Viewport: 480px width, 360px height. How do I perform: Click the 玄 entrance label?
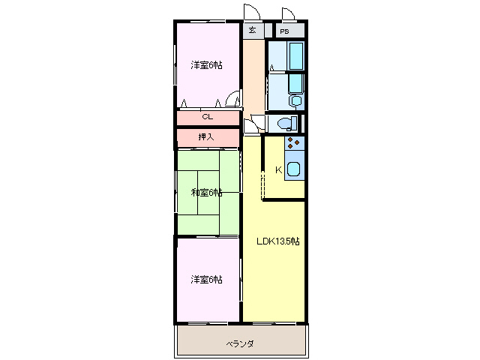click(252, 30)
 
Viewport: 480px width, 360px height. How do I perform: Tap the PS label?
click(284, 31)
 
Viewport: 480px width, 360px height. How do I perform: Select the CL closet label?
click(208, 117)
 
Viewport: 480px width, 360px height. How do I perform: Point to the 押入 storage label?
click(206, 136)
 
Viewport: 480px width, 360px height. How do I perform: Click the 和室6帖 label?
click(207, 193)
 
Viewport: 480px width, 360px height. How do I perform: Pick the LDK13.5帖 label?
click(278, 241)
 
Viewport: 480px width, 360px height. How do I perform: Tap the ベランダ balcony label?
click(240, 343)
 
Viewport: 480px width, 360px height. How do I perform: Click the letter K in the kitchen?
click(278, 170)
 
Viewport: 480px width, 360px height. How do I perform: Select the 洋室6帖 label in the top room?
click(207, 65)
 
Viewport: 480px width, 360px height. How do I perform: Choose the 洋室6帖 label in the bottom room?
click(207, 280)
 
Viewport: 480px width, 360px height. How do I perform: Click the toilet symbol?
click(287, 123)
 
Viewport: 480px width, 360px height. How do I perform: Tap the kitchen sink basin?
click(293, 169)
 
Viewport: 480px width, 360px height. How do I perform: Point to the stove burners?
click(293, 143)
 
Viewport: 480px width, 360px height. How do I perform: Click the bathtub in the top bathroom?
click(296, 56)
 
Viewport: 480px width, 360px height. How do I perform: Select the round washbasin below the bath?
click(296, 100)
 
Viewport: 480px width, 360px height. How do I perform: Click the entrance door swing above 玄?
click(252, 12)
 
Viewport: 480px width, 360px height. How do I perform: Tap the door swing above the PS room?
click(288, 13)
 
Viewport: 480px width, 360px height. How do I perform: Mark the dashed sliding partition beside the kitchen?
click(262, 186)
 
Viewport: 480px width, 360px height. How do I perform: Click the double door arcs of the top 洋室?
click(232, 98)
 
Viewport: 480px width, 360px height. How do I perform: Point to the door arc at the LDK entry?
click(251, 126)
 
